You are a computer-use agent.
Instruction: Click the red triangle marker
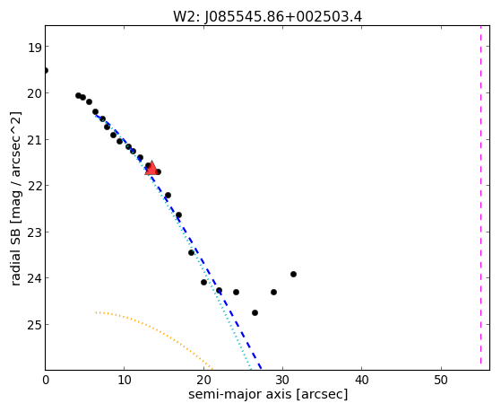[x=151, y=168]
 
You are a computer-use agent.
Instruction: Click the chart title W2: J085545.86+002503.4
[x=267, y=17]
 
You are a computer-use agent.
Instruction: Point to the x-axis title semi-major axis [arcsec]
[x=268, y=394]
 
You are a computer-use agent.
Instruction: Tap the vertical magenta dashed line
[x=480, y=197]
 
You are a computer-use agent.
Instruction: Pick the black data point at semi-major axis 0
[x=46, y=70]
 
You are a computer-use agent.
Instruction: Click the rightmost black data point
[x=293, y=274]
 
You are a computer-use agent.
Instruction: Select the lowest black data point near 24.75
[x=255, y=312]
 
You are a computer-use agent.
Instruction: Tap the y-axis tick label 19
[x=34, y=48]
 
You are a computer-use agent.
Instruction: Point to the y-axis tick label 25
[x=34, y=325]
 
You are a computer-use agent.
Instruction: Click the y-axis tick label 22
[x=34, y=187]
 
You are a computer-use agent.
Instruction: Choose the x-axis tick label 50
[x=441, y=380]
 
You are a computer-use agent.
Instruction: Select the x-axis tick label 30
[x=283, y=380]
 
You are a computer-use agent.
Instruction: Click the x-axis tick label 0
[x=46, y=380]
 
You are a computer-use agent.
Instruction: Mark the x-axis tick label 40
[x=362, y=380]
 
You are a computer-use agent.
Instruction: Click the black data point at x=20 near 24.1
[x=203, y=282]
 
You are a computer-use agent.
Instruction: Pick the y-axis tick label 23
[x=34, y=232]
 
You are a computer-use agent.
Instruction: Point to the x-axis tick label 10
[x=125, y=380]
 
